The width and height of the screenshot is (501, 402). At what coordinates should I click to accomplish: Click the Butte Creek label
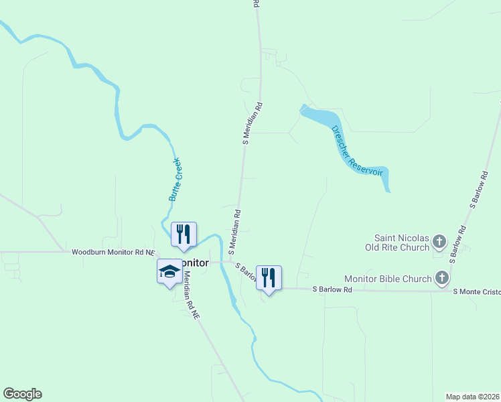(x=175, y=180)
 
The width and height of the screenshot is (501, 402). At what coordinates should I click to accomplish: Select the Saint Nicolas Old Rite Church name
(x=401, y=243)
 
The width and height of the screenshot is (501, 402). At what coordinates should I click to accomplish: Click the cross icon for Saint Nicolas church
(x=440, y=241)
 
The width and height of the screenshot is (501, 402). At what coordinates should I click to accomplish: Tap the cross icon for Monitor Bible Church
(x=442, y=277)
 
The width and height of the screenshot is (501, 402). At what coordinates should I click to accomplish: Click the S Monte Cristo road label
(x=476, y=291)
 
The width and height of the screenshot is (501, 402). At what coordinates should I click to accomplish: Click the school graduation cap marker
(x=169, y=272)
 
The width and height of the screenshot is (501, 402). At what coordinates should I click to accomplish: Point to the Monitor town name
(x=194, y=263)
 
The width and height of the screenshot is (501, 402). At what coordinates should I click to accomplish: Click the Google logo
(x=22, y=394)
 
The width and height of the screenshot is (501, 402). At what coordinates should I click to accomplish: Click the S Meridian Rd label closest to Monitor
(x=234, y=231)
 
